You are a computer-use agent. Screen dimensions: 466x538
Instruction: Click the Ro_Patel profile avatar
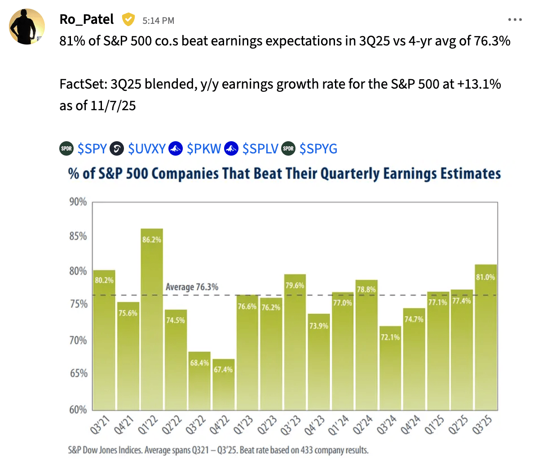point(27,26)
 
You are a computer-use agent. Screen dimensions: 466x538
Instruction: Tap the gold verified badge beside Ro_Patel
point(128,20)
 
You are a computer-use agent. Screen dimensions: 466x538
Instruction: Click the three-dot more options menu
point(515,20)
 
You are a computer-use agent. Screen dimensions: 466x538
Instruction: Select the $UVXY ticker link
point(146,148)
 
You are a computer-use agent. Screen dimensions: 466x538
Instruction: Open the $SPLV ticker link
point(260,148)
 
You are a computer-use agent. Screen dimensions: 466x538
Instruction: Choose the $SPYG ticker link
point(318,148)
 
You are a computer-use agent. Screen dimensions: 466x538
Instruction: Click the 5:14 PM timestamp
point(158,20)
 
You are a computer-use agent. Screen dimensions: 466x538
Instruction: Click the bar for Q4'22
point(223,385)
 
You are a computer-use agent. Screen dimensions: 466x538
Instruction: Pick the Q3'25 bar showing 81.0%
point(486,337)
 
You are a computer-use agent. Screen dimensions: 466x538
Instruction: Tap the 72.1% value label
point(390,337)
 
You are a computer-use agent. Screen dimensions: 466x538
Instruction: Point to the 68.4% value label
point(199,363)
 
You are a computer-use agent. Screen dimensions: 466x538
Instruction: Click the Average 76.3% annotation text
point(192,287)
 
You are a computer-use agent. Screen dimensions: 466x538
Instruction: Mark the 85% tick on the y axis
point(78,237)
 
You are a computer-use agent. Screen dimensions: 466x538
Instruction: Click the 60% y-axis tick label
point(78,409)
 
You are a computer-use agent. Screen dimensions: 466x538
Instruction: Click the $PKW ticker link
point(204,148)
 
